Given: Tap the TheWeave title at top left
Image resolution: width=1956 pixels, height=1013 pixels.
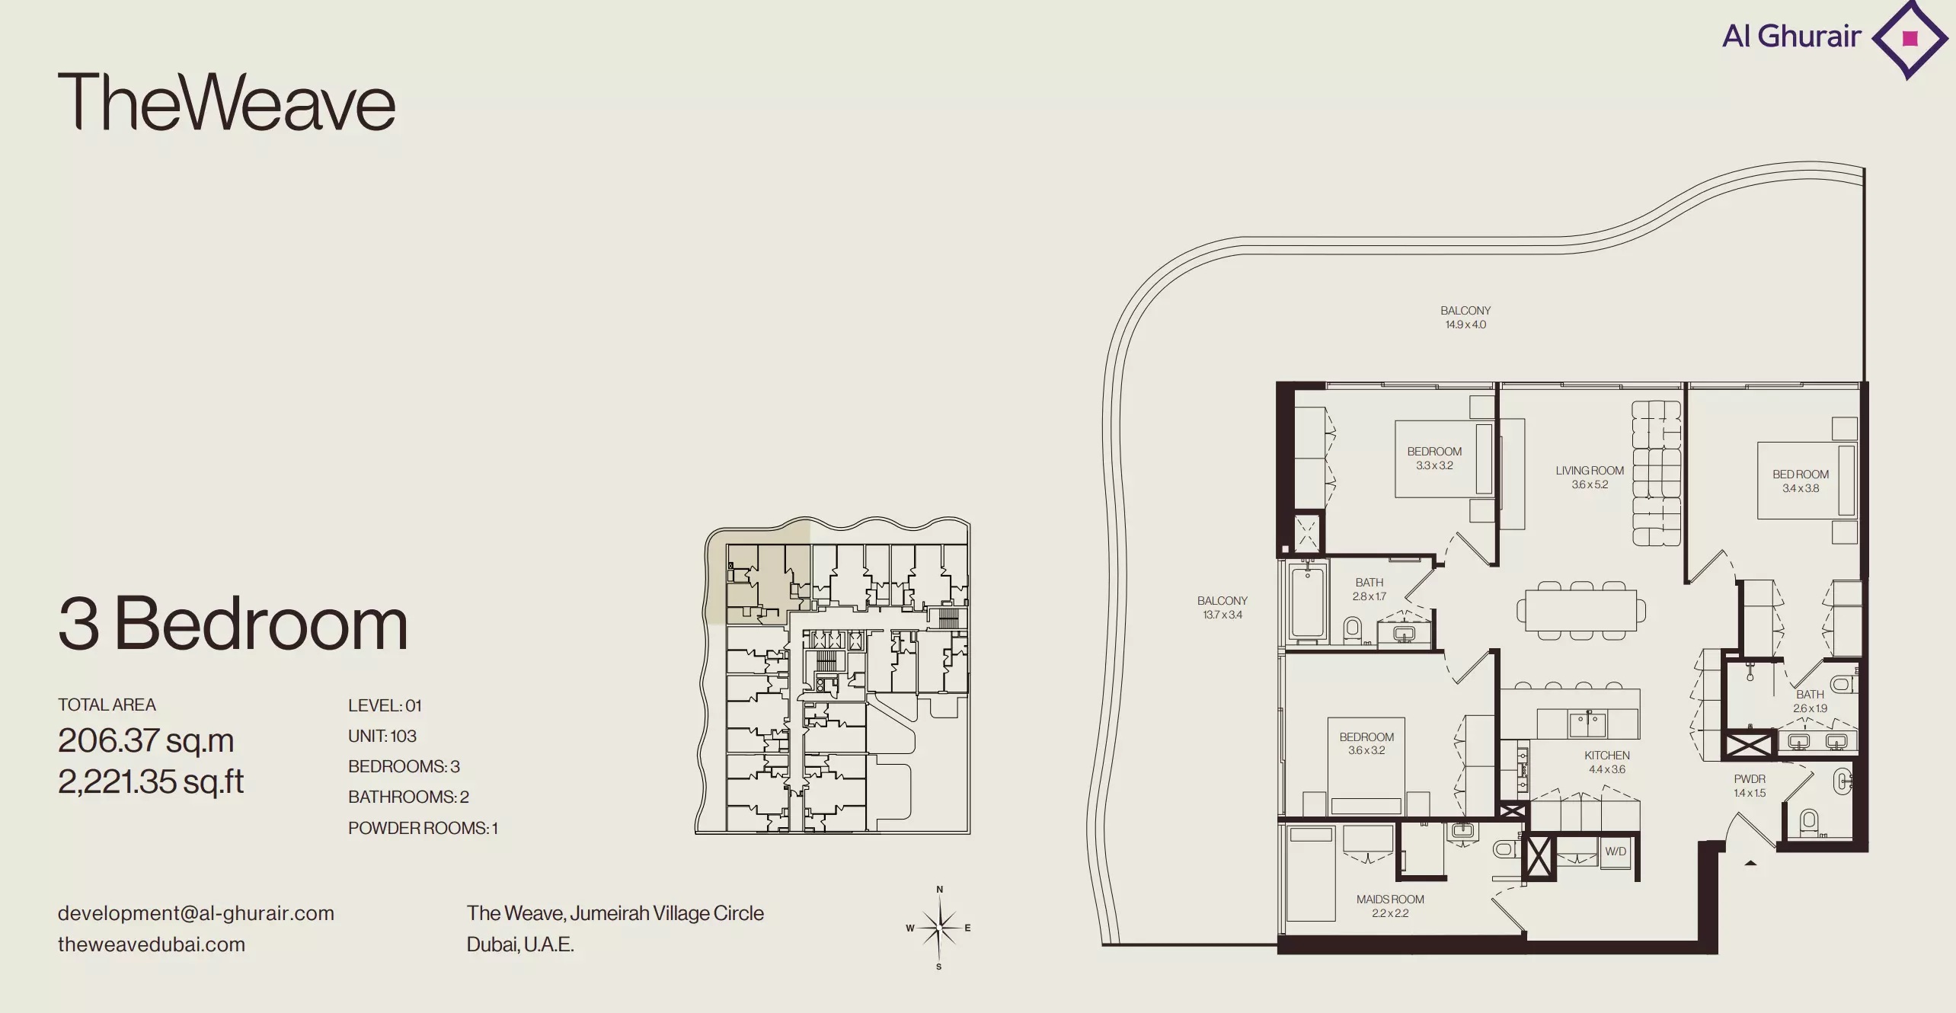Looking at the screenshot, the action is (x=227, y=101).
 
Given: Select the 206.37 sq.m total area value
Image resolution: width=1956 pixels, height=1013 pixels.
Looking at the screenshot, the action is (x=145, y=740).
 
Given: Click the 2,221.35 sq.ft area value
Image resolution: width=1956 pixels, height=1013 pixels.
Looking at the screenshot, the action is (x=151, y=781).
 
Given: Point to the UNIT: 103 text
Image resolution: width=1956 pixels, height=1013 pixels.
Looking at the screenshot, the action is (x=382, y=736).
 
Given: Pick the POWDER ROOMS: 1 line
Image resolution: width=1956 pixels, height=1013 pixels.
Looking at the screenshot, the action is (x=423, y=828).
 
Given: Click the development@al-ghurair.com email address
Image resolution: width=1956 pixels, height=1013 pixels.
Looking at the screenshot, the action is (x=196, y=913).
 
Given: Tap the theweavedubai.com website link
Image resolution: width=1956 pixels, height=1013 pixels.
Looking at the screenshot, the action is (x=152, y=944).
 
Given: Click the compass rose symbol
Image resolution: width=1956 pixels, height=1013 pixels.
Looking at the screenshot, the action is (x=939, y=928).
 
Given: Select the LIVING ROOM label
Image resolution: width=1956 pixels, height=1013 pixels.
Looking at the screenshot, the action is (x=1590, y=471).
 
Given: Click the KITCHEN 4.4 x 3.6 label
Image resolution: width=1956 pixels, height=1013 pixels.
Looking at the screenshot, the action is (x=1607, y=762).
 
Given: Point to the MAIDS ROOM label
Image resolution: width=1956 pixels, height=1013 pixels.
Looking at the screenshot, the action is (x=1390, y=900).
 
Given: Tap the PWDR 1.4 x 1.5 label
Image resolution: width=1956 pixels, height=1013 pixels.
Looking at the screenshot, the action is (x=1750, y=786).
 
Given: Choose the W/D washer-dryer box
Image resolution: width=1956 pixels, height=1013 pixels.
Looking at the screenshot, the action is (x=1616, y=852).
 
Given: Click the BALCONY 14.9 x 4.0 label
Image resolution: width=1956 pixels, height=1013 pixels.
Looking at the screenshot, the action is (x=1465, y=318).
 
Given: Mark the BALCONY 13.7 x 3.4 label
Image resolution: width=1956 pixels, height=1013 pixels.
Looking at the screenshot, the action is (x=1222, y=608).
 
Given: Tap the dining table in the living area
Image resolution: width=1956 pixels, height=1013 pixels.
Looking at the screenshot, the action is (x=1581, y=610).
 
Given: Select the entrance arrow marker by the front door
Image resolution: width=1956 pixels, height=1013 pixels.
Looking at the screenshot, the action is (x=1750, y=863).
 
